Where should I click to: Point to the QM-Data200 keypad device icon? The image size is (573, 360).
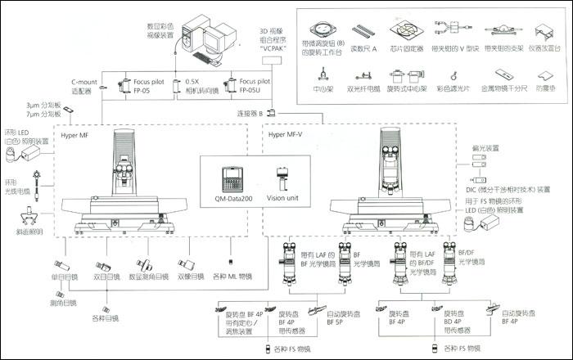pyautogui.click(x=229, y=178)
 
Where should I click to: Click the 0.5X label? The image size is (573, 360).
pyautogui.click(x=195, y=83)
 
